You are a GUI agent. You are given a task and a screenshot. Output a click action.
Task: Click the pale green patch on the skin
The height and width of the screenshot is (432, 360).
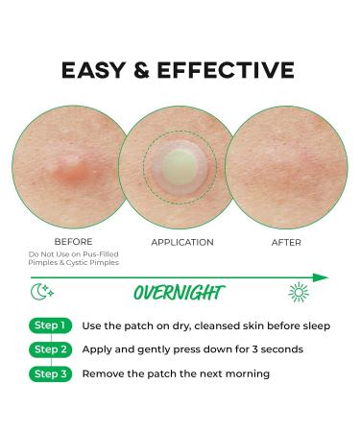pyautogui.click(x=180, y=165)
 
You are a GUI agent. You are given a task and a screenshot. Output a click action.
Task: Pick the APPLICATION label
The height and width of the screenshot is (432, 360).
pyautogui.click(x=181, y=242)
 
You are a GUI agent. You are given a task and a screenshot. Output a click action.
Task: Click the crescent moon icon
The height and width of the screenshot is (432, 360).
pyautogui.click(x=40, y=292)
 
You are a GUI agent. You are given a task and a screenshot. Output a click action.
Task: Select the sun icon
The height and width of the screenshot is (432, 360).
pyautogui.click(x=299, y=292)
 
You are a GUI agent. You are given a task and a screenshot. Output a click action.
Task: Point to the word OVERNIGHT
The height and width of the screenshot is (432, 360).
pyautogui.click(x=180, y=293)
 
